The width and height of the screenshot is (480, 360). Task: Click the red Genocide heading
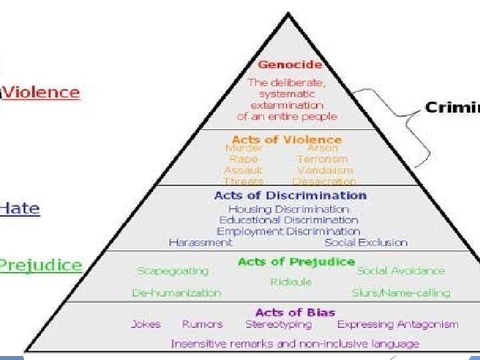coord(290,65)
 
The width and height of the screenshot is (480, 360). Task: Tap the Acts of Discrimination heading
coord(290,195)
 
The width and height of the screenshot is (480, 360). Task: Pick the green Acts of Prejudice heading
coord(296,261)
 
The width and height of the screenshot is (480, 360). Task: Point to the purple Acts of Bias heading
coord(295,312)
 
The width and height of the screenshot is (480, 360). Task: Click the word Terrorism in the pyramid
coord(322,159)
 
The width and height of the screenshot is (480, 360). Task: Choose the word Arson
coord(322,149)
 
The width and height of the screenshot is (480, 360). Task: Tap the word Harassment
coord(200,242)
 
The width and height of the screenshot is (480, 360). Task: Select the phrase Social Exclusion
coord(365,242)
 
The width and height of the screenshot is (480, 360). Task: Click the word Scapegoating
coord(173,271)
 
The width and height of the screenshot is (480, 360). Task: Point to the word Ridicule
coord(291,282)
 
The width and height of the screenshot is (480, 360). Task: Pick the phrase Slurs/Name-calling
coord(401,293)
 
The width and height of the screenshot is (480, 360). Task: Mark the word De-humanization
coord(176,293)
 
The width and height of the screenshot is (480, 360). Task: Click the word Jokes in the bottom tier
coord(145,325)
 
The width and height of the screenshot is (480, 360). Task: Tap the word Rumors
coord(202,325)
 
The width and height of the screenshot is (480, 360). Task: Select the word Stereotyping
coord(278,325)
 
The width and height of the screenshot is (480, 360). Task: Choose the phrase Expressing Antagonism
coord(397,325)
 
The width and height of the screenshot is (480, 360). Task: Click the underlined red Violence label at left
coord(41,92)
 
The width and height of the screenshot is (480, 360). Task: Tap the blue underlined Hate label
coord(20,208)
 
